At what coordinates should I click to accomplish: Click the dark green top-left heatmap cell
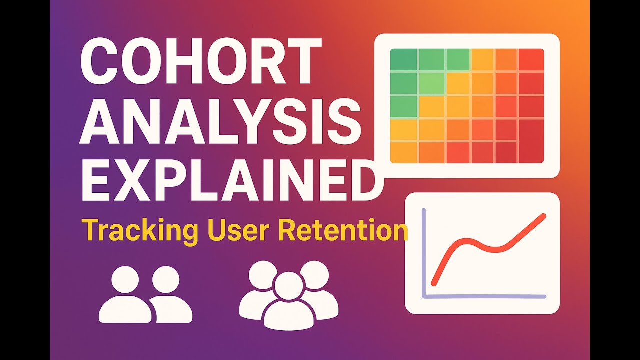403,60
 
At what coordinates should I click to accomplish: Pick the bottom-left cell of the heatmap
403,152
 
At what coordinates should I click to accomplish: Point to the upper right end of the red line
543,217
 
